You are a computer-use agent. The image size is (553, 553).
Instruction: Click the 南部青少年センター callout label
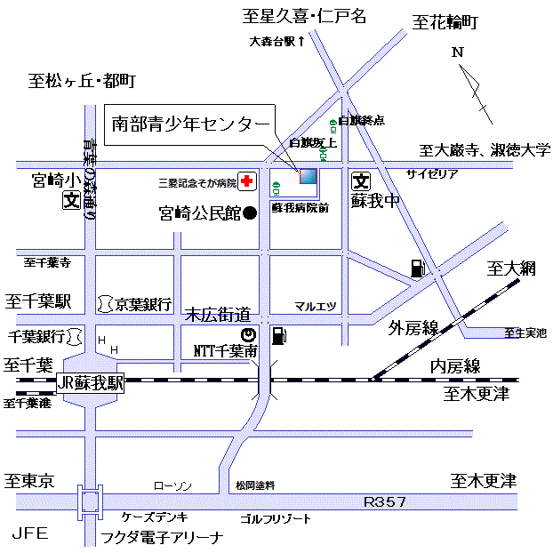tap(188, 124)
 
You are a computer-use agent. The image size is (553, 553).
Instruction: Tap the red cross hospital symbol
tap(245, 182)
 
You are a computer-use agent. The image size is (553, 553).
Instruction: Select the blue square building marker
tap(307, 176)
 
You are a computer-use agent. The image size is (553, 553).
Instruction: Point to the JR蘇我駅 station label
tap(91, 384)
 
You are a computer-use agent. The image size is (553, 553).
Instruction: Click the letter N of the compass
tap(458, 52)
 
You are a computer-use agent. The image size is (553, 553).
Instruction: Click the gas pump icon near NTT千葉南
tap(278, 335)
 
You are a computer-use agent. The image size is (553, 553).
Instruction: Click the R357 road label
tap(385, 502)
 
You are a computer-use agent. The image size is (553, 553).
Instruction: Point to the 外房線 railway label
tap(413, 329)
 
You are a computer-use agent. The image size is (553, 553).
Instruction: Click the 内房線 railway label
tap(455, 365)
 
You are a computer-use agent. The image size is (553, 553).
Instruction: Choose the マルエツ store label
tap(316, 306)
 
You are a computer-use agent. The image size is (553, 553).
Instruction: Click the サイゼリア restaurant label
tap(432, 174)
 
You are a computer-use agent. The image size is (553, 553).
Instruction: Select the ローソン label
tap(172, 485)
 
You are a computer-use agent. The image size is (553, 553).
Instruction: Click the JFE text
tap(28, 533)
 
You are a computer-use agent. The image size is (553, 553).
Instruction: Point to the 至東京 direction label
tap(29, 481)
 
